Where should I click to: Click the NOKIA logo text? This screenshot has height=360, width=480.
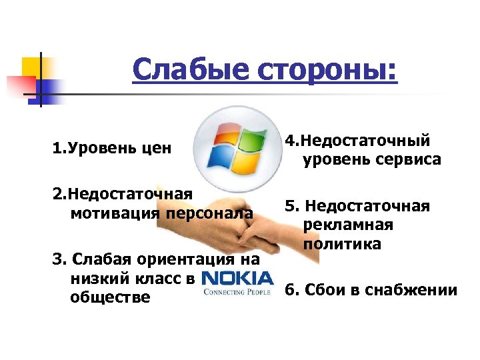click(x=237, y=279)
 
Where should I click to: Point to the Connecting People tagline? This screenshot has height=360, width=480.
click(x=237, y=292)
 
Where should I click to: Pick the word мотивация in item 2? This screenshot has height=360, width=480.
click(x=111, y=213)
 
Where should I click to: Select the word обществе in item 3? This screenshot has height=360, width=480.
click(x=109, y=297)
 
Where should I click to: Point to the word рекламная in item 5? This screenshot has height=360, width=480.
click(x=347, y=225)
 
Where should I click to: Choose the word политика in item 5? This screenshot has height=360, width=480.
click(x=342, y=244)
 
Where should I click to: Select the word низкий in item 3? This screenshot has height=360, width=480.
click(x=97, y=279)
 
